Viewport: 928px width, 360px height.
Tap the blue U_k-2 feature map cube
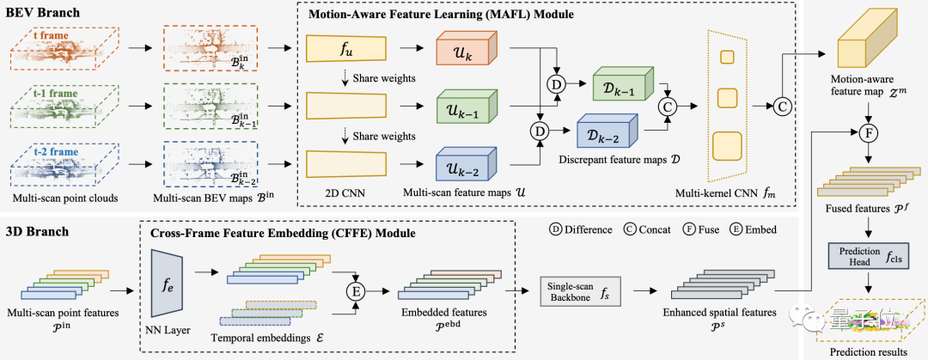click(x=462, y=161)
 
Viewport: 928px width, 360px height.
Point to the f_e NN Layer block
click(x=168, y=279)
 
